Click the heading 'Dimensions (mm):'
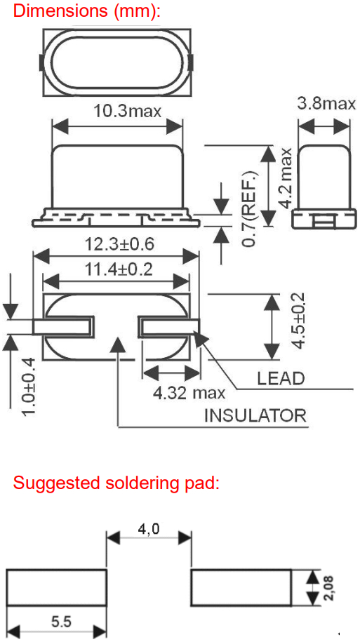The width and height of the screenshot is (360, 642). click(86, 11)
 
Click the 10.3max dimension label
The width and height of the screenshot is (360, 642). click(128, 111)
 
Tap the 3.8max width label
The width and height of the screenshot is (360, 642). click(326, 104)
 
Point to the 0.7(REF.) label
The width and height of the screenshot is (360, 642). click(248, 208)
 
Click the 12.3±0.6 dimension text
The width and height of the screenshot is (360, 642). click(119, 244)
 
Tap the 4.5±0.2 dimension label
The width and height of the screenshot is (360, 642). click(298, 321)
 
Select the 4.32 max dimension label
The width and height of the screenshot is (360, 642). click(189, 394)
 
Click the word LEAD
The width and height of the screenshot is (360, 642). click(281, 379)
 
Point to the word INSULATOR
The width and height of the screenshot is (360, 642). click(255, 415)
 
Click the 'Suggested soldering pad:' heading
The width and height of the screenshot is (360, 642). click(116, 483)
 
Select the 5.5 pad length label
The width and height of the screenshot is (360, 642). click(61, 622)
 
